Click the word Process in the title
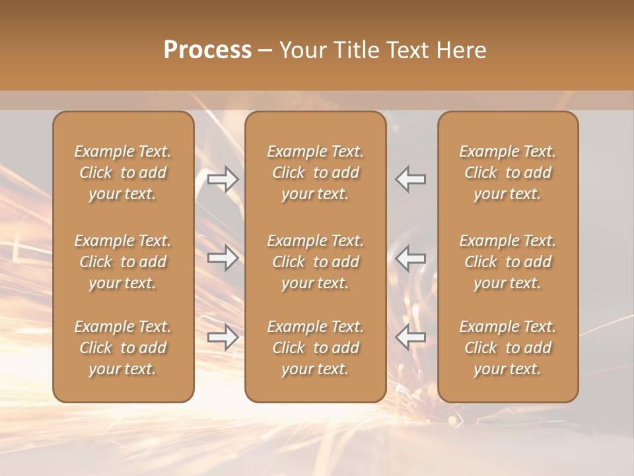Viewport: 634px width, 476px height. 207,50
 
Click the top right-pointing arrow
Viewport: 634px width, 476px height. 223,179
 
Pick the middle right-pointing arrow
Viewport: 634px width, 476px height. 223,258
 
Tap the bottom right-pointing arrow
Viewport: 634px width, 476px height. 223,337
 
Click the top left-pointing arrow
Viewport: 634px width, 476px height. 411,179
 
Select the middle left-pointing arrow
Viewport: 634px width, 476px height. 411,258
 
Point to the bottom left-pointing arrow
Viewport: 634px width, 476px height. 411,337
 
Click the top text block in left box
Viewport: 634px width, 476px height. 123,173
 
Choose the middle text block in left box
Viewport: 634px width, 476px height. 123,262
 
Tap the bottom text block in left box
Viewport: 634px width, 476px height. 123,348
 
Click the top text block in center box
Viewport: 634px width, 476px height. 315,173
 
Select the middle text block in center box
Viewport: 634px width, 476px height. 315,262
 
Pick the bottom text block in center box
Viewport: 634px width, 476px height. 315,348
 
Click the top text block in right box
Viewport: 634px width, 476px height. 507,173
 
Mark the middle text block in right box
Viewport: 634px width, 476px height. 507,262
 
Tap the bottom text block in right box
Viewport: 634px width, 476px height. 507,348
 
